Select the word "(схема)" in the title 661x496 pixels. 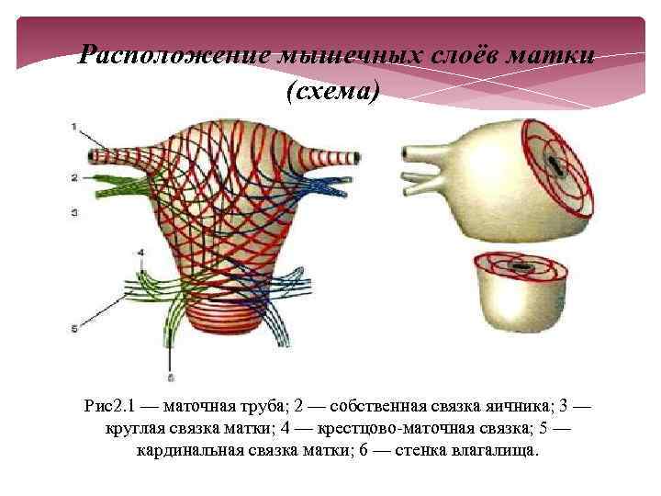point(331,90)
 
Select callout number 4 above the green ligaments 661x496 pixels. point(141,252)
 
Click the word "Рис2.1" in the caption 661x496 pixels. point(107,406)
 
